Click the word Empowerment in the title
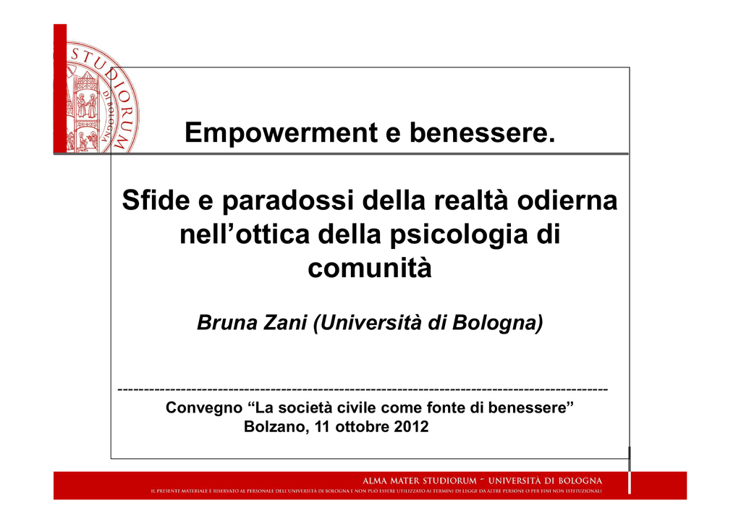pyautogui.click(x=281, y=133)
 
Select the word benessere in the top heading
pyautogui.click(x=482, y=132)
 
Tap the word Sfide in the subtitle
pyautogui.click(x=156, y=200)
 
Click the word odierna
pyautogui.click(x=567, y=200)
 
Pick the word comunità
pyautogui.click(x=370, y=268)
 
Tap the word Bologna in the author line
pyautogui.click(x=497, y=324)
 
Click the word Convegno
pyautogui.click(x=203, y=407)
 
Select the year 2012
pyautogui.click(x=411, y=427)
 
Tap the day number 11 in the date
pyautogui.click(x=322, y=427)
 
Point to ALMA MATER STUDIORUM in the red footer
pyautogui.click(x=420, y=481)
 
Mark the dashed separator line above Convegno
pyautogui.click(x=363, y=390)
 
